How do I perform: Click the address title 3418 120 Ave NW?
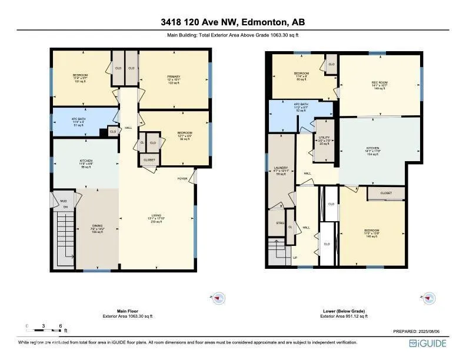click(233, 22)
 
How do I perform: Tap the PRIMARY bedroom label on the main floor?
click(174, 76)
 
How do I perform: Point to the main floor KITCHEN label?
click(86, 160)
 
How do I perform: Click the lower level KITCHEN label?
click(372, 148)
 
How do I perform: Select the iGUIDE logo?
click(429, 343)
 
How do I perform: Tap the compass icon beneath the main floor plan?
click(218, 298)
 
